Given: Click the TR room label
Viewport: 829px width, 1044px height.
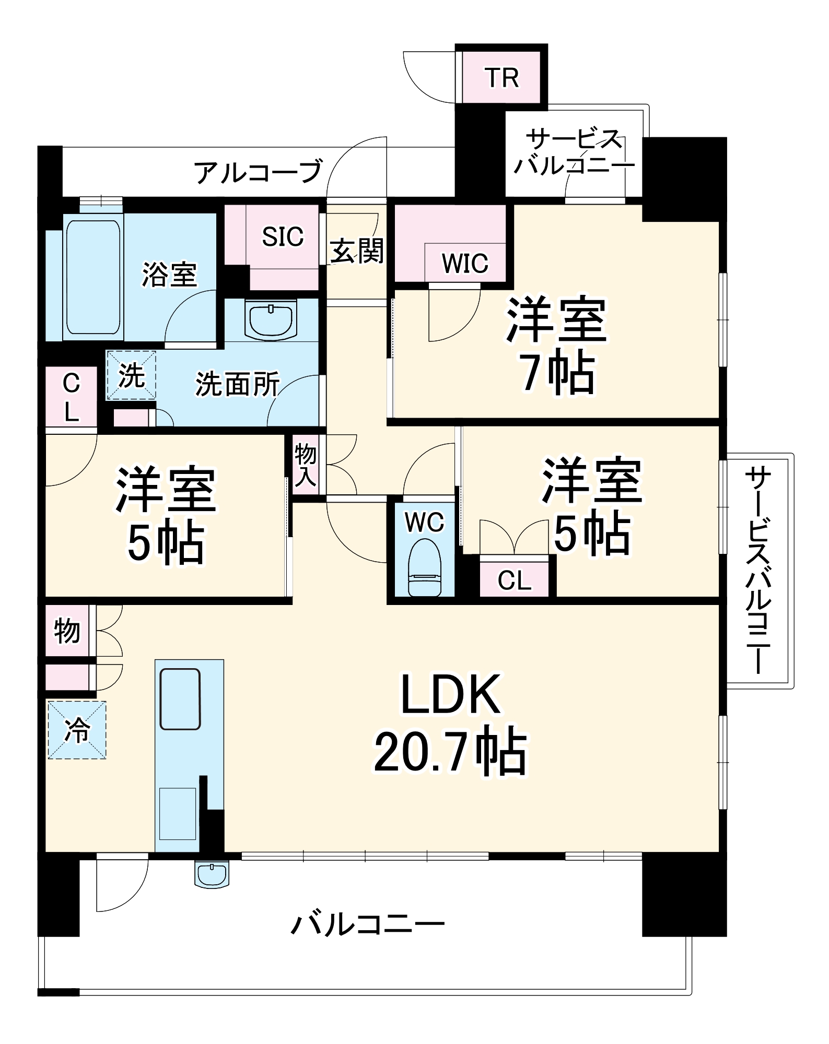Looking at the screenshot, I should click(502, 78).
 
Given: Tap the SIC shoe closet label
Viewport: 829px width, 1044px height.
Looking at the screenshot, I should click(283, 237).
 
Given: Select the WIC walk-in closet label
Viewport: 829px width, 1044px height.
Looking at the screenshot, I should click(465, 263).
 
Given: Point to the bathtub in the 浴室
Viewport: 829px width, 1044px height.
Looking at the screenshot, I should click(94, 277).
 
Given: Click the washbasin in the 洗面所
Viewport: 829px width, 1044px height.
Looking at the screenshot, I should click(271, 319).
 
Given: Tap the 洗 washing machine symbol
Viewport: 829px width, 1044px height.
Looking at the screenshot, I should click(131, 375).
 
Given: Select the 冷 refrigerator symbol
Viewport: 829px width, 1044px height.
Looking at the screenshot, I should click(77, 729).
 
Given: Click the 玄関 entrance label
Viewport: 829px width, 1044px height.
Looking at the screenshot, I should click(357, 252).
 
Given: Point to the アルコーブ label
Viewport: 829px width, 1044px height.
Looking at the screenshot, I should click(258, 172).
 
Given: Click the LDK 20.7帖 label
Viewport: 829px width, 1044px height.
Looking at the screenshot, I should click(450, 722).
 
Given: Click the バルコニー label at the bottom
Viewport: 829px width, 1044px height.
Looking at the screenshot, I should click(368, 924).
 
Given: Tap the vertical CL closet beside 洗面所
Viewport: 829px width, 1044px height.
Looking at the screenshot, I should click(71, 397).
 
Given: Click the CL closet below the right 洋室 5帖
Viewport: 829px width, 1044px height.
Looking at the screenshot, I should click(514, 580).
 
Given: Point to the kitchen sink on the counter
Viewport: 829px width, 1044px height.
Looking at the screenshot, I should click(180, 699).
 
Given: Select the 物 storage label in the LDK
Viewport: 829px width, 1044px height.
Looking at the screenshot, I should click(67, 631).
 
